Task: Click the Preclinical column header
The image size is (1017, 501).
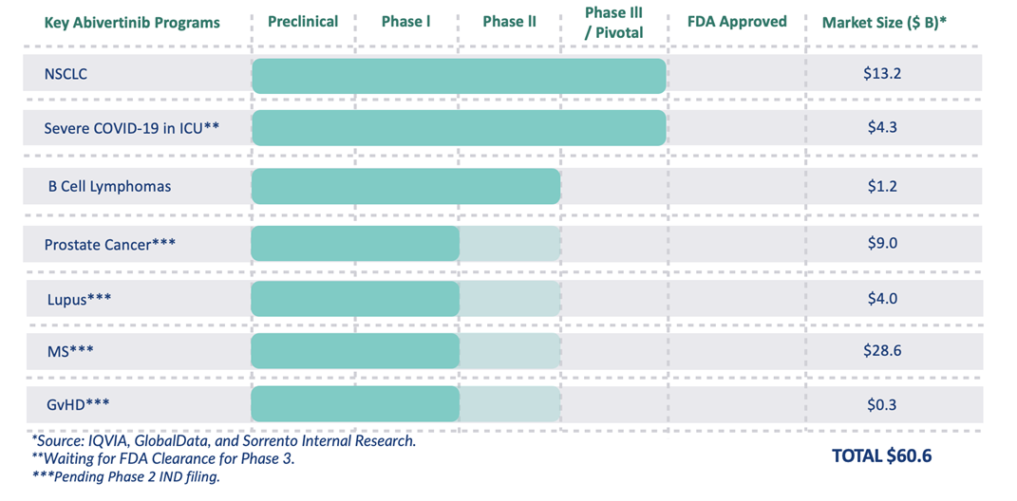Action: click(x=303, y=21)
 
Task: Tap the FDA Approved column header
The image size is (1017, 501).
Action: click(x=737, y=21)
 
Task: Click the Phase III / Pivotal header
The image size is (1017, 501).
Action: click(x=613, y=22)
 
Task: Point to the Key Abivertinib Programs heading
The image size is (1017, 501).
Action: click(x=132, y=22)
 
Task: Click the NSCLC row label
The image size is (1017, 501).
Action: click(x=66, y=74)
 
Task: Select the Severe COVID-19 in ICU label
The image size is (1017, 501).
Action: click(x=132, y=128)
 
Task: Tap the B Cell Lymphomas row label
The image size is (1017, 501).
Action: click(x=109, y=186)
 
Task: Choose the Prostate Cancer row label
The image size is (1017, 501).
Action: click(x=109, y=245)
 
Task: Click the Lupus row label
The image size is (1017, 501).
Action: click(x=80, y=299)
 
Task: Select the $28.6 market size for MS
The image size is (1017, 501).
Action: click(x=882, y=351)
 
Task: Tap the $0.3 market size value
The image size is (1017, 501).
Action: click(x=882, y=405)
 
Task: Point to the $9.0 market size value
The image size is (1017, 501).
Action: click(x=882, y=243)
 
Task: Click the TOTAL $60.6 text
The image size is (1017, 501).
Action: click(x=881, y=456)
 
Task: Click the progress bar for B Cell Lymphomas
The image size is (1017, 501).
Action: click(x=405, y=186)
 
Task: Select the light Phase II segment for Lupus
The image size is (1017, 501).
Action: click(x=510, y=299)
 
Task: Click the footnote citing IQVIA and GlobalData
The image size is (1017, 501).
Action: click(x=223, y=441)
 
